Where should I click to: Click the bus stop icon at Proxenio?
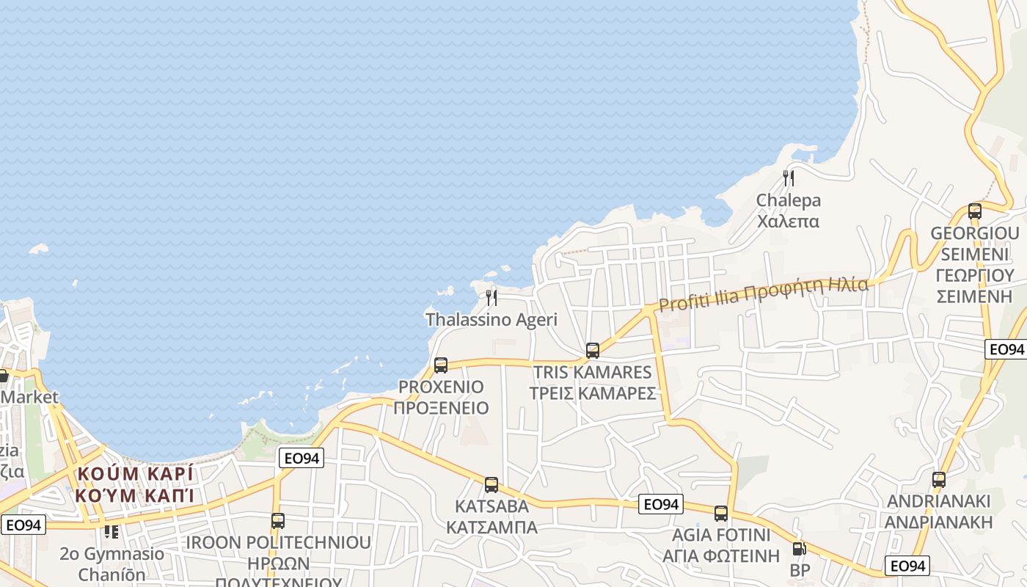[x=441, y=365]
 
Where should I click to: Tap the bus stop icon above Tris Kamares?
[x=593, y=350]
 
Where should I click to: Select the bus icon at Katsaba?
[x=491, y=484]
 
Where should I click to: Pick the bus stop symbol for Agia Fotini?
[x=721, y=513]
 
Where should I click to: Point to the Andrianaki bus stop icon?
[x=939, y=480]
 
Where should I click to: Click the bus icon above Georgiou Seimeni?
[x=975, y=211]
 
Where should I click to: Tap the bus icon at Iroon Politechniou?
[x=278, y=520]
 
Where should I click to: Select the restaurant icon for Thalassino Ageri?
[x=491, y=297]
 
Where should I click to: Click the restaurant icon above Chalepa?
[x=789, y=178]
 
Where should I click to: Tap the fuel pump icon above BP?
[x=799, y=548]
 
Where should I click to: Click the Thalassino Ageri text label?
[x=491, y=320]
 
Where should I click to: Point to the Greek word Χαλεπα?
[x=789, y=221]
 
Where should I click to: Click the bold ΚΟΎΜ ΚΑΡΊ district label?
[x=134, y=473]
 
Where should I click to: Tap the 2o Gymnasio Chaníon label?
[x=112, y=564]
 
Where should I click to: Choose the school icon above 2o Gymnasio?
[x=112, y=531]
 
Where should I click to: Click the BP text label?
[x=799, y=569]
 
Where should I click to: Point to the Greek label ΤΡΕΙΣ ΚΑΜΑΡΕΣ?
[x=593, y=393]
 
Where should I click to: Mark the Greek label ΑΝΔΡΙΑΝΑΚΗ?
[x=939, y=522]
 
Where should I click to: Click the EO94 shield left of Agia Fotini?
[x=661, y=504]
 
